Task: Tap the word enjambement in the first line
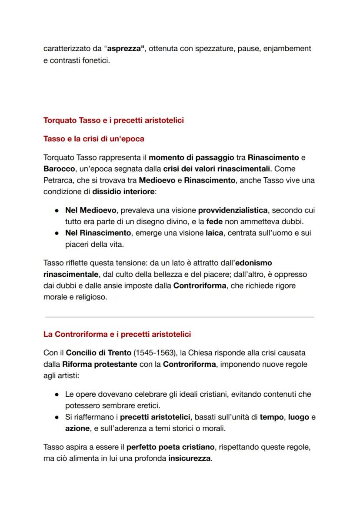287,49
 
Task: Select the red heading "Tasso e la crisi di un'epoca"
94,139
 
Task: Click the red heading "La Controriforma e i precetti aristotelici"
117,334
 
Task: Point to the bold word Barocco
59,169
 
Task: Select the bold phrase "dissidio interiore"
124,191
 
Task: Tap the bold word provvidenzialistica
233,210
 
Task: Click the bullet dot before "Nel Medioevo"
57,210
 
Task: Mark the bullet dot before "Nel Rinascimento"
57,233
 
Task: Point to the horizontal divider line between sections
179,317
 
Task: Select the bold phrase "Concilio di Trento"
105,353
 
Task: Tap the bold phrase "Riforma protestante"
100,364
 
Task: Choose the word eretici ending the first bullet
149,406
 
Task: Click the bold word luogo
299,417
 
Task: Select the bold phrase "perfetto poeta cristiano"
170,447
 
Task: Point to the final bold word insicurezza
190,458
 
